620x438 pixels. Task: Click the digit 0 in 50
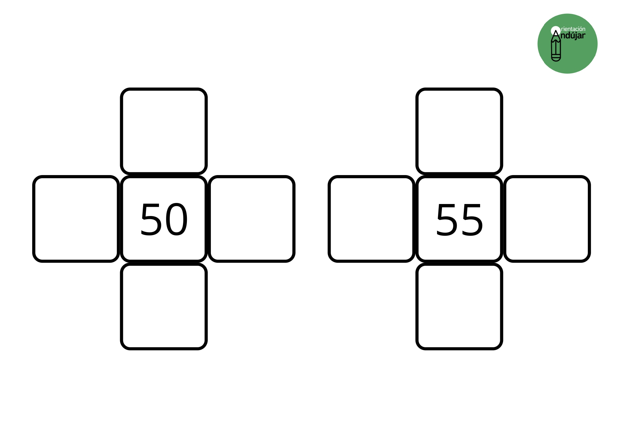[x=176, y=220]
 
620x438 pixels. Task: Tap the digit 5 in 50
[x=151, y=220]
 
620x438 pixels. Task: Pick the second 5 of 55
[x=472, y=220]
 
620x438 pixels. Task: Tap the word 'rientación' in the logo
[x=573, y=29]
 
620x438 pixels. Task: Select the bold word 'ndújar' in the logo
[x=573, y=36]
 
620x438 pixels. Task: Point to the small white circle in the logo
[x=556, y=30]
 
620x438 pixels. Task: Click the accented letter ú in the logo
[x=572, y=35]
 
